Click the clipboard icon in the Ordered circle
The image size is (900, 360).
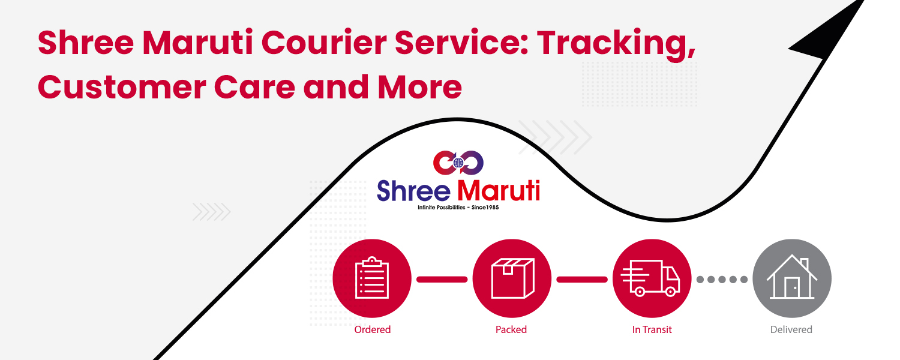pyautogui.click(x=372, y=278)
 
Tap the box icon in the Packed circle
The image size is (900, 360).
pyautogui.click(x=512, y=278)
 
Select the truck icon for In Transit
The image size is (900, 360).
pyautogui.click(x=652, y=278)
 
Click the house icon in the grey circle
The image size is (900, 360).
pyautogui.click(x=792, y=278)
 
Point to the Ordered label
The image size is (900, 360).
pyautogui.click(x=372, y=329)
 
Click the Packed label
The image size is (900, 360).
pyautogui.click(x=511, y=329)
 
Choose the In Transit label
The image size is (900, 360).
pyautogui.click(x=652, y=329)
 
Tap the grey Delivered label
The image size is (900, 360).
pyautogui.click(x=791, y=329)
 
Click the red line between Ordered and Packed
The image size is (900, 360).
pyautogui.click(x=442, y=279)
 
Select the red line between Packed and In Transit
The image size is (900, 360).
pyautogui.click(x=582, y=279)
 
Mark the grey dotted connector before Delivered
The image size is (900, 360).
pyautogui.click(x=722, y=279)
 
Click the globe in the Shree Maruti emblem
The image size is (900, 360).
pyautogui.click(x=458, y=163)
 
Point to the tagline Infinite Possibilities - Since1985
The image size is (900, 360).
pyautogui.click(x=458, y=208)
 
